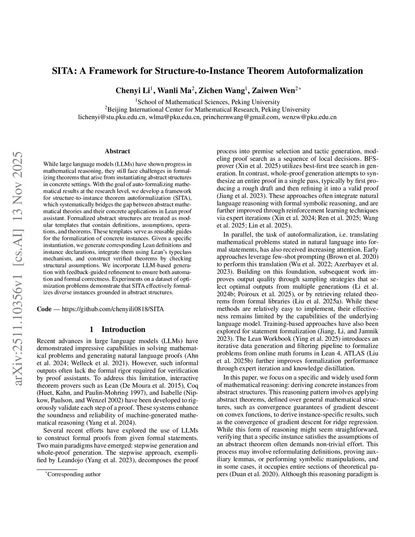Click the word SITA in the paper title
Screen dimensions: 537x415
(x=62, y=71)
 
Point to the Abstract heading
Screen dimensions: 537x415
(x=118, y=151)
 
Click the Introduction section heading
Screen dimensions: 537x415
(x=123, y=329)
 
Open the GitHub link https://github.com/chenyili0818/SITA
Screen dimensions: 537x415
(x=113, y=309)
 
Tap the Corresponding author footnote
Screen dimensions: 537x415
(x=74, y=474)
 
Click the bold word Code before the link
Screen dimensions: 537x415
(x=44, y=309)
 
